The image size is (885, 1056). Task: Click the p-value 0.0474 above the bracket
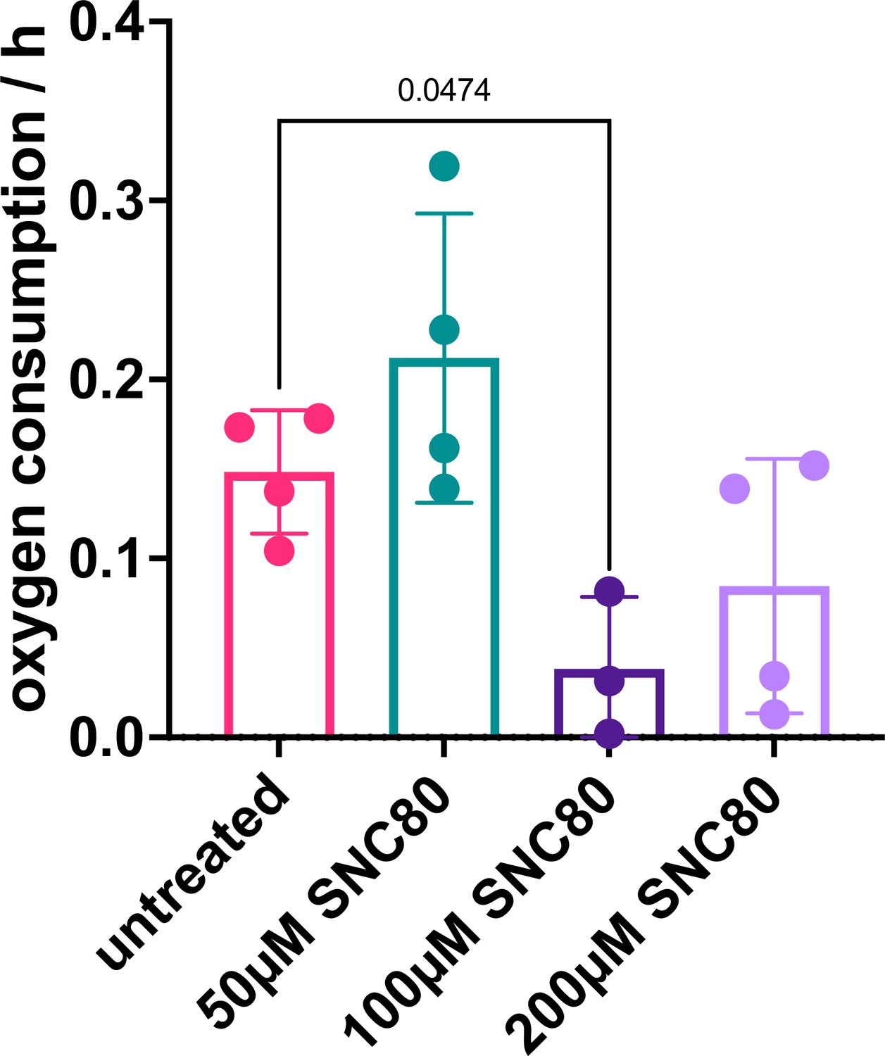click(x=444, y=90)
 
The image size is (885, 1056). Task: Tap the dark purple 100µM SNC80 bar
click(x=609, y=704)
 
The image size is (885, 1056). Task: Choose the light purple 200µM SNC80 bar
click(x=774, y=662)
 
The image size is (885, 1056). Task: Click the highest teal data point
click(x=444, y=166)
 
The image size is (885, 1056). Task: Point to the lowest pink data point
click(x=279, y=551)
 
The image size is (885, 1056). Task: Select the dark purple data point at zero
click(x=609, y=734)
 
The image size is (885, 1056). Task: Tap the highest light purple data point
click(x=815, y=465)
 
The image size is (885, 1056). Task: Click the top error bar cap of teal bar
click(x=444, y=213)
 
